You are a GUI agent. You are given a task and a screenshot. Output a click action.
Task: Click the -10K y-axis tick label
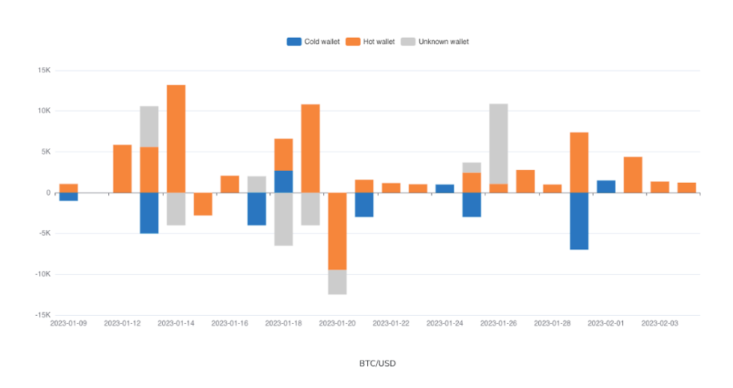42,274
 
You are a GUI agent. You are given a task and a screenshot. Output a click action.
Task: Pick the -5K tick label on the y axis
43,233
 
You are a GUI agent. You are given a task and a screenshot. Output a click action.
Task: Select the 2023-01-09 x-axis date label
69,323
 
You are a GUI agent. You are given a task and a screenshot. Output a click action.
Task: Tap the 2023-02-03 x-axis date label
659,323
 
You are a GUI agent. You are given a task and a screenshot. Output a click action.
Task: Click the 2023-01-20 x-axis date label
337,323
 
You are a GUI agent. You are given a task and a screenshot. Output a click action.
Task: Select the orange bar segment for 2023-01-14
176,139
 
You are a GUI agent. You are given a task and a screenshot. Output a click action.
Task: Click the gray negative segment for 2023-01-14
176,208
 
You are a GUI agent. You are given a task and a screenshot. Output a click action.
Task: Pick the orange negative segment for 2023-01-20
337,231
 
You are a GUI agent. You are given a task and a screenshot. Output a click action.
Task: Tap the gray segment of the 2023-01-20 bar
337,281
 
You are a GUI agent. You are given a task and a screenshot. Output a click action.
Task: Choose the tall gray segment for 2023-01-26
499,143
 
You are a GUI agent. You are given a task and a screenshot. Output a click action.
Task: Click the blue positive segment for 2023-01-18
284,181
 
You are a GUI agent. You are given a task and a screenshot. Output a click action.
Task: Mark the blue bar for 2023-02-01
606,186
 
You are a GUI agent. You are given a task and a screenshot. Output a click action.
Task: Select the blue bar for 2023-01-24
445,188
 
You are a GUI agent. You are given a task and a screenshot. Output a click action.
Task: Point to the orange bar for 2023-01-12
123,168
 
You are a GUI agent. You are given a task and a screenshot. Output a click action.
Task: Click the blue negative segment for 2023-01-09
69,196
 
